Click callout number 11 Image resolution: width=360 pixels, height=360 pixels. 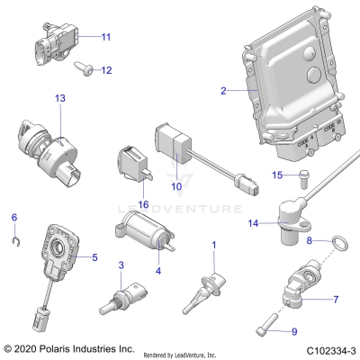click(105, 37)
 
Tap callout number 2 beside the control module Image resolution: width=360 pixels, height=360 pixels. click(224, 90)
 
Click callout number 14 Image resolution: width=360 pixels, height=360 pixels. click(253, 222)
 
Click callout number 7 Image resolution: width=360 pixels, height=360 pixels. click(337, 299)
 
